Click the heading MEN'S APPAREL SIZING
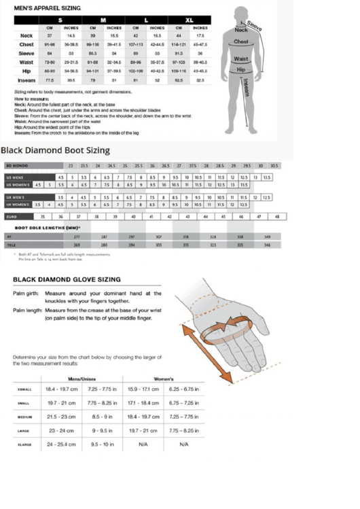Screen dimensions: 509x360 tap(43, 7)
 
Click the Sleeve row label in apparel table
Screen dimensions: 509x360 tap(26, 52)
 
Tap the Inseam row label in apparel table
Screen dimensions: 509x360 tap(26, 80)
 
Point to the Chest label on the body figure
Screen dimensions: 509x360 tap(241, 42)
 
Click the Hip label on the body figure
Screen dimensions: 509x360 tap(241, 69)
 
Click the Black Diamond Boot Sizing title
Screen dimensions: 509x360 tap(55, 150)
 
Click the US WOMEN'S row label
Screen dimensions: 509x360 tap(18, 185)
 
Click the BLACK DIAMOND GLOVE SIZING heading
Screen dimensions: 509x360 tap(67, 279)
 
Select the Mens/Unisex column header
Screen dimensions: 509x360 tap(82, 379)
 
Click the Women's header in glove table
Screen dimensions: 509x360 tap(164, 379)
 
